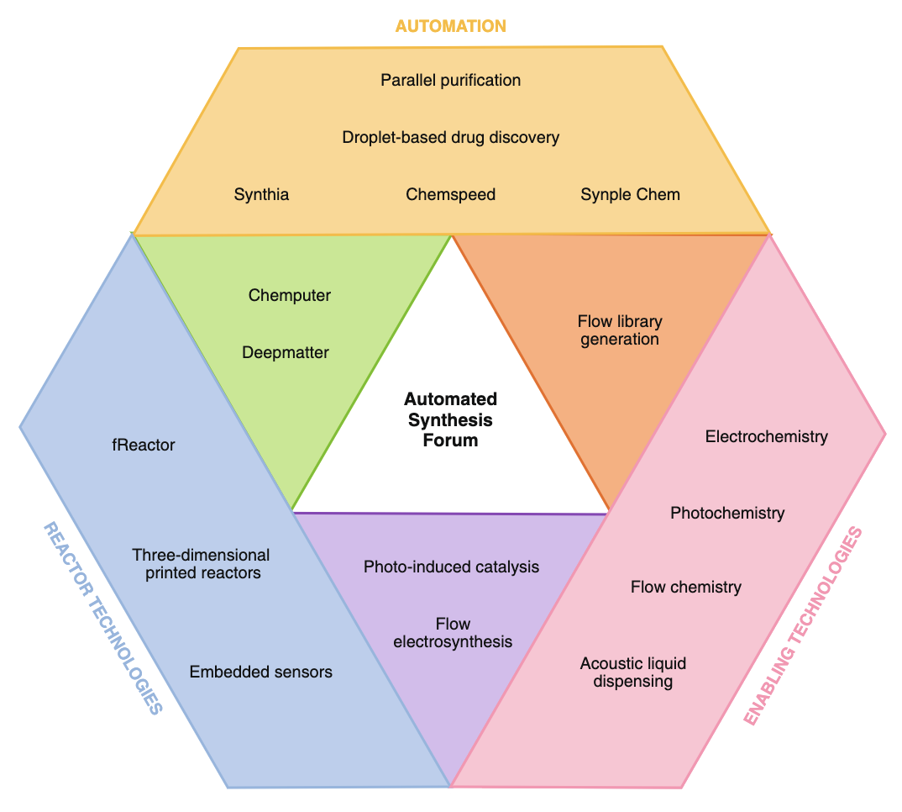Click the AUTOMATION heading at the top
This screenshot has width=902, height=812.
click(450, 26)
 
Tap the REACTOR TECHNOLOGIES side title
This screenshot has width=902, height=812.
click(102, 618)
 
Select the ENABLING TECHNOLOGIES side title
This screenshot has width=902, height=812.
click(804, 626)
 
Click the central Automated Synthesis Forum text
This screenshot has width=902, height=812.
click(450, 419)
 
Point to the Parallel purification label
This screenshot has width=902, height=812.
click(450, 81)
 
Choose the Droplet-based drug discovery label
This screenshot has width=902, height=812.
click(450, 137)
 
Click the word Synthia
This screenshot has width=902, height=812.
click(261, 195)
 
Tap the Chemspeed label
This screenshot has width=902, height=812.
click(450, 195)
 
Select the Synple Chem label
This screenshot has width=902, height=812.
click(630, 195)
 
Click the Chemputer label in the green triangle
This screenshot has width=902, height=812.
click(290, 296)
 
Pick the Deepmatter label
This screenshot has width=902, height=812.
click(286, 353)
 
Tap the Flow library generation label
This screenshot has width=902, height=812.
click(620, 330)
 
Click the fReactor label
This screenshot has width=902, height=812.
click(143, 446)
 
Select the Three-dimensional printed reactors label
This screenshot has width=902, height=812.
click(202, 564)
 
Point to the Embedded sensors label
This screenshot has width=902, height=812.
click(260, 672)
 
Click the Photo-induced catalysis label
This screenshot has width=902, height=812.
click(451, 567)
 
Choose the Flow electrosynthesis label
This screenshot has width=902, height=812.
click(453, 633)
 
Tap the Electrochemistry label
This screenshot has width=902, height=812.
click(766, 437)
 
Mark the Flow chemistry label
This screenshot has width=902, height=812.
click(685, 588)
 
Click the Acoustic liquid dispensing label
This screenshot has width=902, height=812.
click(632, 672)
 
